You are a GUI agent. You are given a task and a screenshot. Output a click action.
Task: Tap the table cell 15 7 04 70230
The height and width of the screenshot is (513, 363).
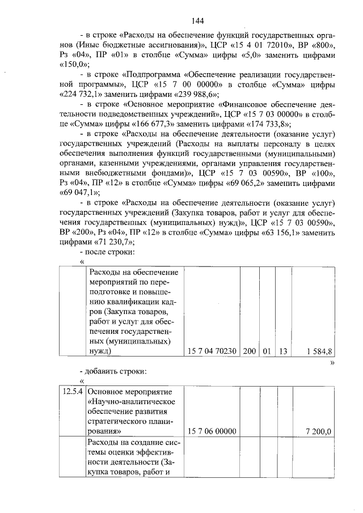[x=211, y=351]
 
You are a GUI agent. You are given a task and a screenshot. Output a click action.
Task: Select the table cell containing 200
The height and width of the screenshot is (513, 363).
[x=250, y=351]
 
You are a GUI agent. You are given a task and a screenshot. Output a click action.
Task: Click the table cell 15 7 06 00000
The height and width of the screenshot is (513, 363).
[x=211, y=432]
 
